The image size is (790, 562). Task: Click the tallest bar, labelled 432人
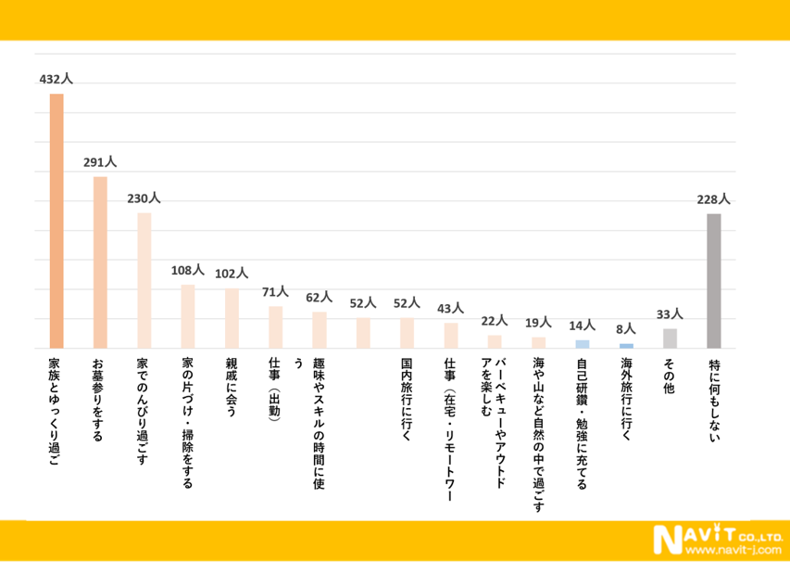pyautogui.click(x=56, y=221)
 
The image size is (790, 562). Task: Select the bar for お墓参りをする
pyautogui.click(x=100, y=262)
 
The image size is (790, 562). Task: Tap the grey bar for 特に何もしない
pyautogui.click(x=714, y=281)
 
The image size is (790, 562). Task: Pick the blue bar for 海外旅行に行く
pyautogui.click(x=626, y=346)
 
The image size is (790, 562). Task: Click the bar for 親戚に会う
pyautogui.click(x=232, y=318)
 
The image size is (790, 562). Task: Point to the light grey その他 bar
pyautogui.click(x=671, y=338)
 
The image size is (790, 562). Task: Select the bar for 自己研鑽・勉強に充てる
pyautogui.click(x=583, y=344)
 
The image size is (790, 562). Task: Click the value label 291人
pyautogui.click(x=100, y=162)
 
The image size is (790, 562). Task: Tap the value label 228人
pyautogui.click(x=713, y=199)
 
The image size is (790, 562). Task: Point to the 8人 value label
pyautogui.click(x=626, y=329)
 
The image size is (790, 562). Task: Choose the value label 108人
pyautogui.click(x=187, y=271)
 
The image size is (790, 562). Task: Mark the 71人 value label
pyautogui.click(x=275, y=291)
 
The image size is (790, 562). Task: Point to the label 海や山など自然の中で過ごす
pyautogui.click(x=539, y=435)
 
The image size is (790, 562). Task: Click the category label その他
pyautogui.click(x=671, y=377)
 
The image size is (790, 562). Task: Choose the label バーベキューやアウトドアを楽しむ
pyautogui.click(x=495, y=401)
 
